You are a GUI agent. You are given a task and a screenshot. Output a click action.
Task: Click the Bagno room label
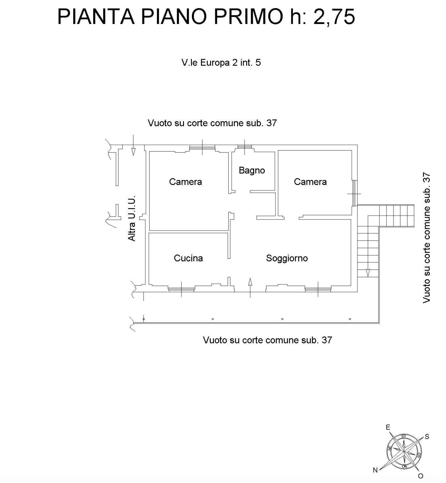tap(252, 170)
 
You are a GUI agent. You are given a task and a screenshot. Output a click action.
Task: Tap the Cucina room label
tap(188, 258)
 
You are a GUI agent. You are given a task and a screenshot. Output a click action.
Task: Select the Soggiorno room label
tap(287, 258)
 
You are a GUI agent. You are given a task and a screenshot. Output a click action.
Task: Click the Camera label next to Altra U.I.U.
tap(186, 182)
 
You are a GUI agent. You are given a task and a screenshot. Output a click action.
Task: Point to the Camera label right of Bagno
tap(310, 182)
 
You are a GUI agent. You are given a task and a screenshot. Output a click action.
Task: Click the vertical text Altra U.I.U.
tap(132, 218)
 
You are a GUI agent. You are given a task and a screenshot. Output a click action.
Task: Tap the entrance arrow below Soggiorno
tap(250, 288)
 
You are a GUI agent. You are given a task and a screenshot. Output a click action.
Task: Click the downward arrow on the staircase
tap(368, 273)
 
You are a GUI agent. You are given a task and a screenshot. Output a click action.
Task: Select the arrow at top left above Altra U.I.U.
tap(133, 145)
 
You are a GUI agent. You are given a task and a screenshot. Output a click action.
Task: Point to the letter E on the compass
tap(388, 427)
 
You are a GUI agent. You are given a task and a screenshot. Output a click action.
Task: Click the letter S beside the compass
tap(427, 437)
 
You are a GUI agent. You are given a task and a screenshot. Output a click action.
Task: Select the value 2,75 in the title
tap(334, 17)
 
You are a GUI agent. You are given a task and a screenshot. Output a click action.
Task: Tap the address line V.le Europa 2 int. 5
tap(221, 63)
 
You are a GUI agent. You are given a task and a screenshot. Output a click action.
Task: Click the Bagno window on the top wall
tap(245, 147)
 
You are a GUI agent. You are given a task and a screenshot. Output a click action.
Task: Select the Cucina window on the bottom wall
tap(181, 290)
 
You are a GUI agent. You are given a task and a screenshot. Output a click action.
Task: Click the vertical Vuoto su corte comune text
tap(427, 238)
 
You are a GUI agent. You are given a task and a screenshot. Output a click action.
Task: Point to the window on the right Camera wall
tap(354, 193)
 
